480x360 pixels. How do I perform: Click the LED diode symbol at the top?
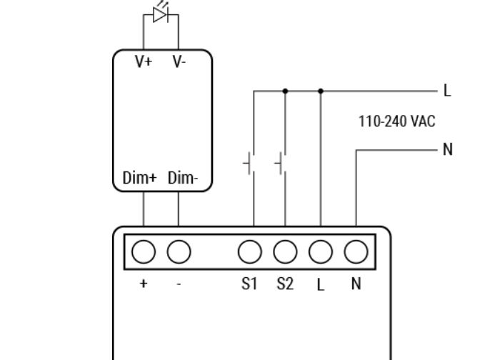pos(161,15)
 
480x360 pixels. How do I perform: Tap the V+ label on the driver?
pos(144,62)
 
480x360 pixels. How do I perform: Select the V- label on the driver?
pos(179,62)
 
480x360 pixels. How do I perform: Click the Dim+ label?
pos(139,179)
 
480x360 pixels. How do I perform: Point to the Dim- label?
pos(183,179)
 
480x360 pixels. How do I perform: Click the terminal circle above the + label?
pos(144,251)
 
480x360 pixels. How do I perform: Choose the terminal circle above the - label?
pos(179,251)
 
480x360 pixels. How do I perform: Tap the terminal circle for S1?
pos(249,251)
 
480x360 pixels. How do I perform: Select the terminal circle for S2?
pos(285,251)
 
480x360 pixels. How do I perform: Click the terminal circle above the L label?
pos(321,251)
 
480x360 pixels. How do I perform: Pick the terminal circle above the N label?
pos(356,251)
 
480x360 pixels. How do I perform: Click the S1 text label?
pos(249,284)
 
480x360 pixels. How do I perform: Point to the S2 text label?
pos(285,284)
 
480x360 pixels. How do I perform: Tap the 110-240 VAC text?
pos(396,121)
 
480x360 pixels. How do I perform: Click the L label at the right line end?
pos(447,91)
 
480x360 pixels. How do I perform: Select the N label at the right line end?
pos(448,149)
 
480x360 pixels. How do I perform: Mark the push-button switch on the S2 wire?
pos(281,164)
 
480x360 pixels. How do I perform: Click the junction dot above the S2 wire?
pos(285,91)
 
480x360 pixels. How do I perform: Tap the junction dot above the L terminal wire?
pos(321,91)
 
